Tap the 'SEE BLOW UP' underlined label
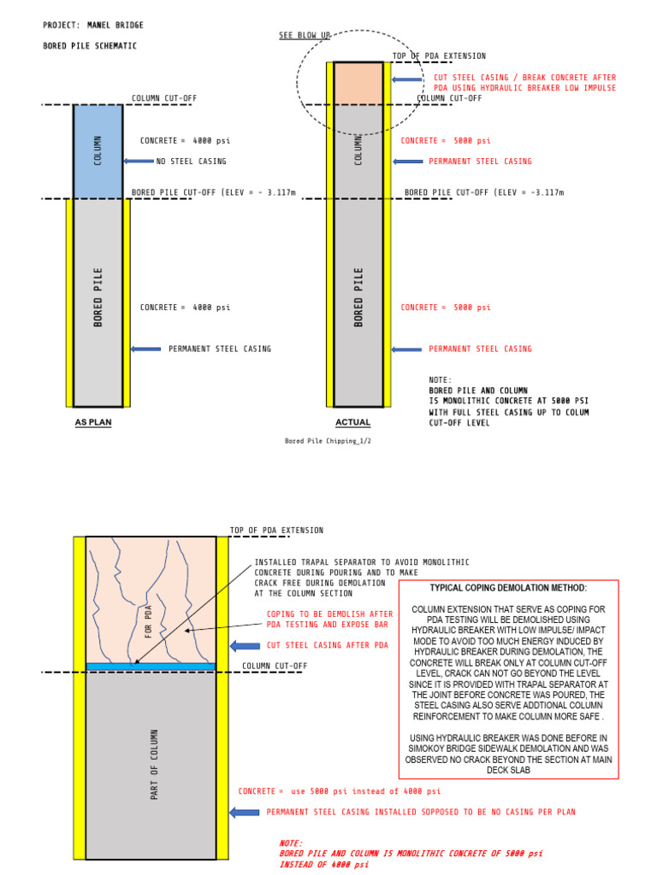tap(304, 36)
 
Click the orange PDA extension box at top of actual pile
tap(358, 83)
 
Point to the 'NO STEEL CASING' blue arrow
tap(138, 161)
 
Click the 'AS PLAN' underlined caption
tap(93, 422)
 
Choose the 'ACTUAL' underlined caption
tap(352, 422)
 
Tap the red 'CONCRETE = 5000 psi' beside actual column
tap(446, 141)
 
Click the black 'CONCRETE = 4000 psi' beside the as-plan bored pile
tap(185, 308)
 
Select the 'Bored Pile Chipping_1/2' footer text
tap(328, 441)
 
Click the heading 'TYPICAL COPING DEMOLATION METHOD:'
tap(508, 589)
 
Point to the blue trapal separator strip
tap(151, 666)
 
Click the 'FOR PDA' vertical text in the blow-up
tap(148, 622)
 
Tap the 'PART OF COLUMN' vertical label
tap(155, 765)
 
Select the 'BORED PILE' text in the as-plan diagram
tap(98, 297)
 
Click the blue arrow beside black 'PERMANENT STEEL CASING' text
tap(145, 349)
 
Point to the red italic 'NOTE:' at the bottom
tap(291, 843)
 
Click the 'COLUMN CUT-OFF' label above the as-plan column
tap(164, 98)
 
